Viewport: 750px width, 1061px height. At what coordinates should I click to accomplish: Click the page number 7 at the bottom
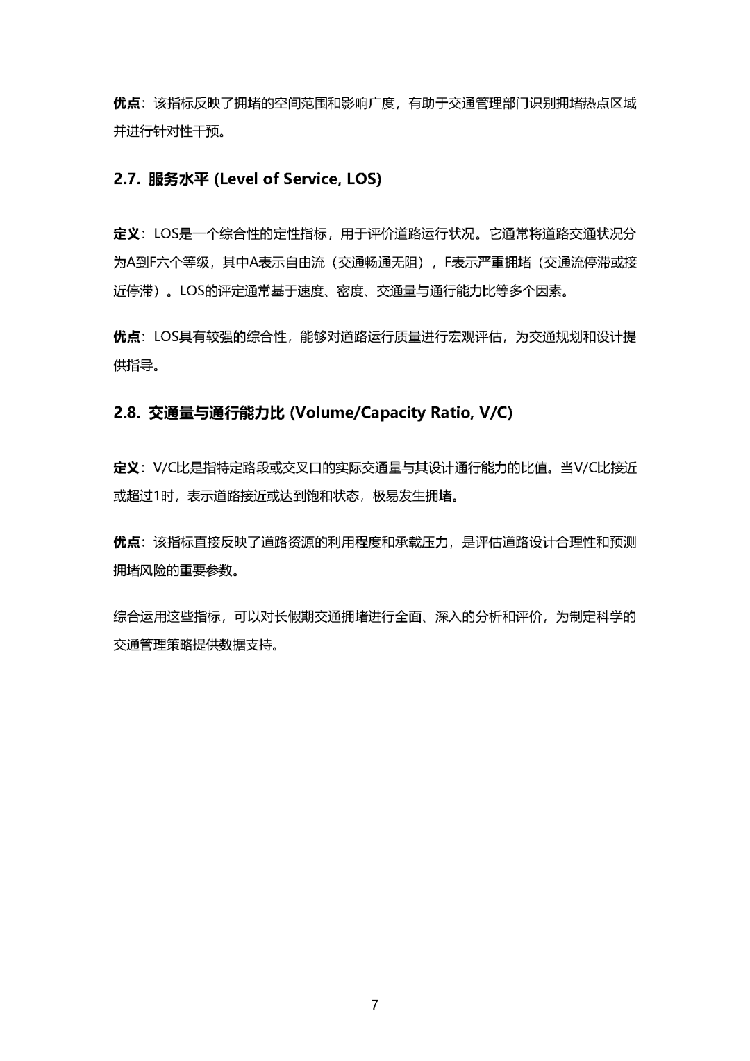click(x=375, y=1005)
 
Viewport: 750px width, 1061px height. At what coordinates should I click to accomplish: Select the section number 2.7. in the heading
click(x=127, y=179)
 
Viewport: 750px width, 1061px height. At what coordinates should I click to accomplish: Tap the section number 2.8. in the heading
click(x=127, y=413)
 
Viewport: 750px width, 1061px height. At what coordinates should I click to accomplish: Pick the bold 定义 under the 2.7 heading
click(x=126, y=233)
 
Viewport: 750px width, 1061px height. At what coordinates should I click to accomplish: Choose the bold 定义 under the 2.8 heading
click(x=126, y=468)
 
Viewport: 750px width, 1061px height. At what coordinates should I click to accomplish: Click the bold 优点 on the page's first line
click(x=126, y=104)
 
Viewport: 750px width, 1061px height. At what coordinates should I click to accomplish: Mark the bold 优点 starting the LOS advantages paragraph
click(x=126, y=338)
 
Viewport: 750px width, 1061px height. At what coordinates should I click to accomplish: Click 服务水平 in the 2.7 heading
click(x=178, y=179)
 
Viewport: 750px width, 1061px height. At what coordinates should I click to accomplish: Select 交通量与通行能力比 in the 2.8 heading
click(x=217, y=413)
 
